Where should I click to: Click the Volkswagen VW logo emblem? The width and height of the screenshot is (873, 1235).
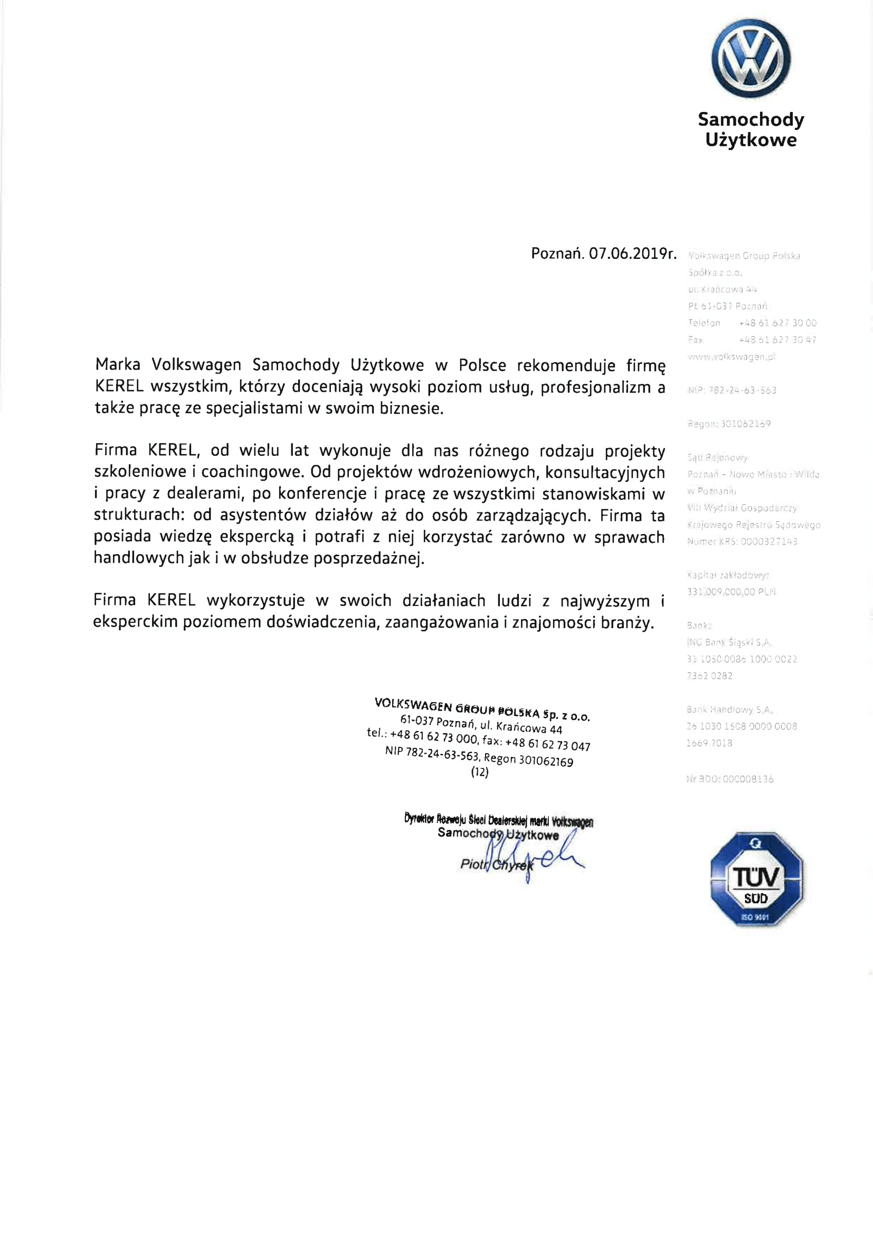tap(751, 58)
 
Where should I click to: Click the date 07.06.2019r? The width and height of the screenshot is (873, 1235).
tap(632, 254)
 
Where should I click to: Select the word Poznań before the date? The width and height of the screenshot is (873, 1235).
tap(557, 254)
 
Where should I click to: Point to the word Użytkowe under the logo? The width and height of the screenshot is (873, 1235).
tap(751, 141)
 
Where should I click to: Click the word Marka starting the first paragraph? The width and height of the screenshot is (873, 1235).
tap(118, 364)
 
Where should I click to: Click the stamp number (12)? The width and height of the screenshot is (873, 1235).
tap(479, 772)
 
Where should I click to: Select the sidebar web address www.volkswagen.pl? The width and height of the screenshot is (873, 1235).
tap(731, 357)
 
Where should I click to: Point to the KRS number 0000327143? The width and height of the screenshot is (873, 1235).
tap(768, 541)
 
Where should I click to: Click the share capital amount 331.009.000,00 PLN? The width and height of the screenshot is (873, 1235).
tap(731, 592)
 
